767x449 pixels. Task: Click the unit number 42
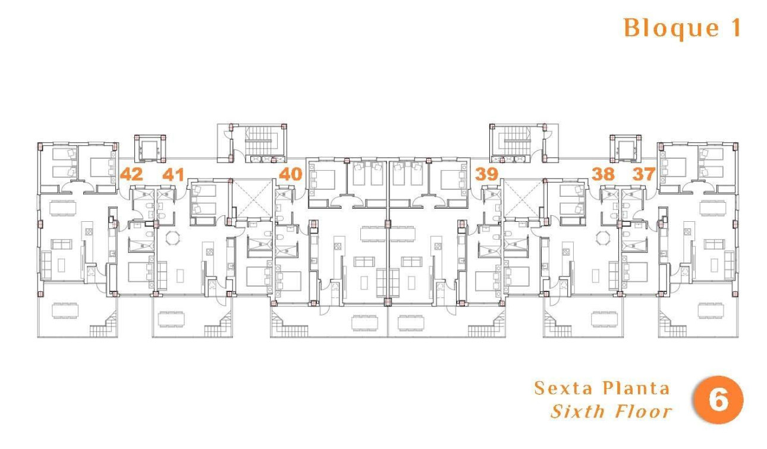pyautogui.click(x=131, y=174)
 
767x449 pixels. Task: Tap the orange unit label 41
pyautogui.click(x=173, y=174)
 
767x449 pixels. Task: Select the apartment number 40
pyautogui.click(x=291, y=174)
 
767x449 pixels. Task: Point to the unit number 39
pyautogui.click(x=486, y=174)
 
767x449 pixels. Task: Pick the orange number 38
pyautogui.click(x=603, y=174)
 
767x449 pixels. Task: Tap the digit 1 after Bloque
pyautogui.click(x=734, y=29)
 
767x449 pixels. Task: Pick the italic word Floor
pyautogui.click(x=643, y=412)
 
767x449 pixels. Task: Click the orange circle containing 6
pyautogui.click(x=718, y=400)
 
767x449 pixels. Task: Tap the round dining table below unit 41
pyautogui.click(x=172, y=238)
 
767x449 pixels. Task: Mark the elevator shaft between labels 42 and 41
pyautogui.click(x=149, y=148)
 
